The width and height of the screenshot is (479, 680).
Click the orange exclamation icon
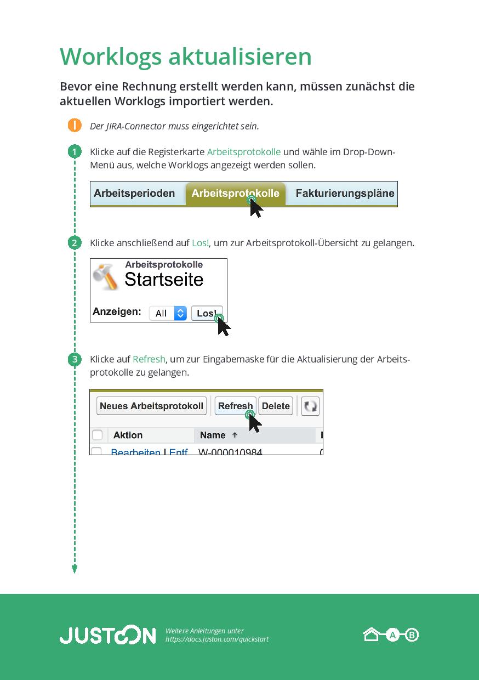pos(75,126)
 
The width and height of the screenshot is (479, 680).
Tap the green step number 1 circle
pos(75,152)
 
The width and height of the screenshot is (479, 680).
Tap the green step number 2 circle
pos(75,243)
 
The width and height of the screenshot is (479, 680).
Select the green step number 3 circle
pos(75,360)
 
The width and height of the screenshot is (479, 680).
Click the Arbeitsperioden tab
pos(134,194)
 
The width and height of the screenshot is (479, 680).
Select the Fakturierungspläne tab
pos(345,194)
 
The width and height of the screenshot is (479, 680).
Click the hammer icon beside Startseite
pos(106,276)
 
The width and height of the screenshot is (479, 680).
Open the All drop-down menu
pos(168,313)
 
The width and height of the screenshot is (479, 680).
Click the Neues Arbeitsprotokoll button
pos(152,406)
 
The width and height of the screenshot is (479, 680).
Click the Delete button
pos(276,406)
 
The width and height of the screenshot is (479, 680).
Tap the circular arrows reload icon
pos(310,406)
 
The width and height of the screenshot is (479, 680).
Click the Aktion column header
pos(128,435)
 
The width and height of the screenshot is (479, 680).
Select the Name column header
pos(213,435)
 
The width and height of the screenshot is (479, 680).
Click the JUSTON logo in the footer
pos(107,635)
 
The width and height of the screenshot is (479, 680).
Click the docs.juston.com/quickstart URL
pos(217,639)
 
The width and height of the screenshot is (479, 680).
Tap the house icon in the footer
pos(371,635)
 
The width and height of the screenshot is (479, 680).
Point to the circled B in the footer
pos(412,635)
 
